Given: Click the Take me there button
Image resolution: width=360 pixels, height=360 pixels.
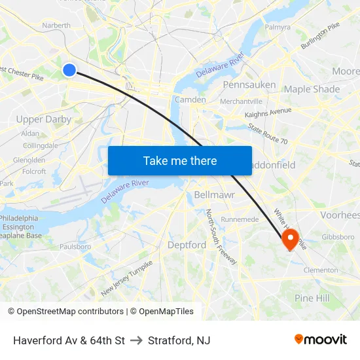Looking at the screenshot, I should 180,161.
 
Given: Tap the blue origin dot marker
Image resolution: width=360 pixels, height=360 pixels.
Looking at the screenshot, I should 69,69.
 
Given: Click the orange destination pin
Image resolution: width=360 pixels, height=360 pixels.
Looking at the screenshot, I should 290,239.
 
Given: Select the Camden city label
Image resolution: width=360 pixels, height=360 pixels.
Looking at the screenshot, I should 190,99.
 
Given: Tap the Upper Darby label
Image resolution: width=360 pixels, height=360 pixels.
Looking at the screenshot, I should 43,119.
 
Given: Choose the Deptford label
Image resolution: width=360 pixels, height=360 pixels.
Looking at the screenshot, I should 187,245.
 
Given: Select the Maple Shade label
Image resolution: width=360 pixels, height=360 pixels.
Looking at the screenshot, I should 312,89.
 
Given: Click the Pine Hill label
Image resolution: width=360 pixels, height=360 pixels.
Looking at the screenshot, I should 312,298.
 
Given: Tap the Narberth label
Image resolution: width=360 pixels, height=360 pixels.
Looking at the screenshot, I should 56,26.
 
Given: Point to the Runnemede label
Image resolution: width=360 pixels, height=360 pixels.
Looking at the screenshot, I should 240,219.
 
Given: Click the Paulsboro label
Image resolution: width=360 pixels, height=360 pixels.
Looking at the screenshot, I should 75,247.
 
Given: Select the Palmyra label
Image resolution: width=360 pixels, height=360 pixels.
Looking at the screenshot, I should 278,27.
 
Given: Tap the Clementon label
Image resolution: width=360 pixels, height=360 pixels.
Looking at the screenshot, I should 321,270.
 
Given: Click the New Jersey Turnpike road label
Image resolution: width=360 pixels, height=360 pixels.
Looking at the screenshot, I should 127,278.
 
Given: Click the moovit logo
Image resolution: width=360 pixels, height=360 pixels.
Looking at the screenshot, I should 320,339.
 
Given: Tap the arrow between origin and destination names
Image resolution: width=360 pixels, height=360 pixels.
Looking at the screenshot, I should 136,340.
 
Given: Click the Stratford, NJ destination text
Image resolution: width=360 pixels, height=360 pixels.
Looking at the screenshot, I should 179,340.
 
